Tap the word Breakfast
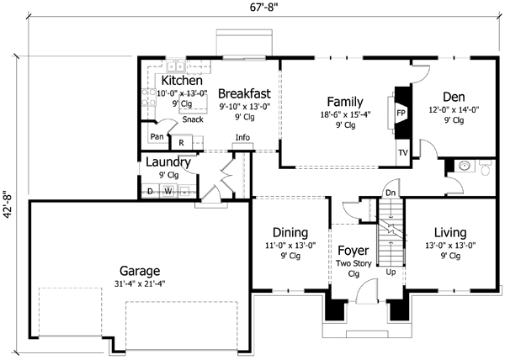pos(243,93)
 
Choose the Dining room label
pos(289,233)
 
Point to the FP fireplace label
pos(401,111)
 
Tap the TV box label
pos(401,154)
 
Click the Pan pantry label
pos(157,137)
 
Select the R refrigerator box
pos(181,144)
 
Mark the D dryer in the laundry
pos(150,191)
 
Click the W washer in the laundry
pos(167,191)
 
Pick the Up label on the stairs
pos(390,272)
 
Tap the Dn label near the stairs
pos(390,193)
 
